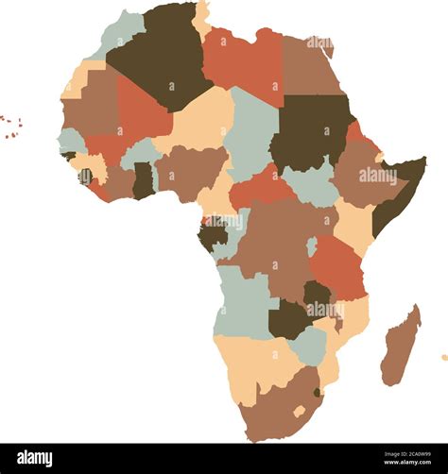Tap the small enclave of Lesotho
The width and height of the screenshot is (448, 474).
[x=300, y=411]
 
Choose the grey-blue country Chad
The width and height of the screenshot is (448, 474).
[x=252, y=132]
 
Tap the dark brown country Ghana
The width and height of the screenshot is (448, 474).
[x=143, y=179]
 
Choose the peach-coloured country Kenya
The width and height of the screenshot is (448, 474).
[x=353, y=222]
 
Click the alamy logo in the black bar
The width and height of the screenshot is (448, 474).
[x=35, y=458]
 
